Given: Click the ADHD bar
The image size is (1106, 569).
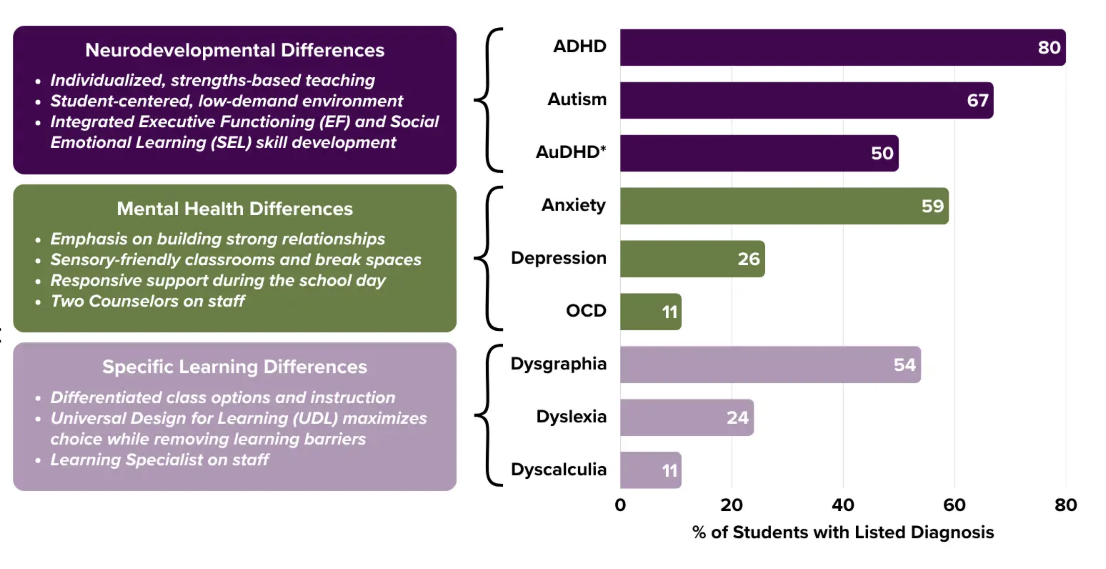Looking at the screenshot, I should (842, 47).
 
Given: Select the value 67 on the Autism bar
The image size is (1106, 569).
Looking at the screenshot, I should (977, 101).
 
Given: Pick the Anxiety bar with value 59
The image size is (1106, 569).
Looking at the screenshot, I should (783, 206).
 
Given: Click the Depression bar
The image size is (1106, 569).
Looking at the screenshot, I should (692, 259).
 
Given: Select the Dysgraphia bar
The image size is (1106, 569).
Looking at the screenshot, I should (770, 365).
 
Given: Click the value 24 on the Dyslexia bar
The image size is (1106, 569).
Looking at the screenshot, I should (737, 417).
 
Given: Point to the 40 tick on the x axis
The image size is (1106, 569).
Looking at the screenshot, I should (842, 505).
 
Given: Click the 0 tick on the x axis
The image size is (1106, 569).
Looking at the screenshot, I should (620, 505).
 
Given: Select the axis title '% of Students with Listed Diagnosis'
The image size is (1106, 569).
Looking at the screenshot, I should (842, 532).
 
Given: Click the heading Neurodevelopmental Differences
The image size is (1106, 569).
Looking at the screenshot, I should (235, 50).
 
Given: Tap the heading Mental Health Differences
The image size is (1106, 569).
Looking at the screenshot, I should (235, 209).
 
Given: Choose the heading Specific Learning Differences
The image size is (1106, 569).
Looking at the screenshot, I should (235, 367).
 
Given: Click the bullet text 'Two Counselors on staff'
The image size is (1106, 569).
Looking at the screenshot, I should (147, 301).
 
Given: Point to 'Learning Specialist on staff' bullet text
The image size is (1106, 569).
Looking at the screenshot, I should (159, 460).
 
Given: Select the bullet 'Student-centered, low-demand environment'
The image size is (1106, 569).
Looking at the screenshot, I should (226, 101).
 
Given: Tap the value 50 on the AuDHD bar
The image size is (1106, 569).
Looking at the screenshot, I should (882, 153).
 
